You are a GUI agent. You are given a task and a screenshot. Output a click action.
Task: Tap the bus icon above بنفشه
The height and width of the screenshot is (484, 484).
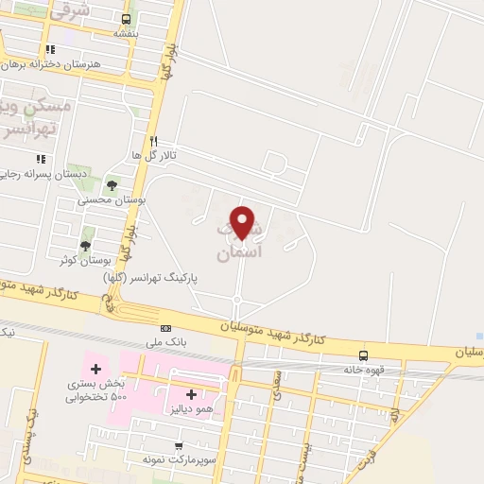(x=128, y=18)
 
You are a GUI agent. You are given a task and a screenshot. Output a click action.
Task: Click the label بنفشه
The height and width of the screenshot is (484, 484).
(x=128, y=32)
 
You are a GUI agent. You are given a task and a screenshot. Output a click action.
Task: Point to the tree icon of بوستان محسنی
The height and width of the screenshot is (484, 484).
(x=112, y=185)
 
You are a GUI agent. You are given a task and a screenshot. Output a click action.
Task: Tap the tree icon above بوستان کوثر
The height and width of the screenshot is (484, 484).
(x=86, y=245)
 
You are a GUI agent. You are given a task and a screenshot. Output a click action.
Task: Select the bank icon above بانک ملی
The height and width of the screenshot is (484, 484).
(x=166, y=328)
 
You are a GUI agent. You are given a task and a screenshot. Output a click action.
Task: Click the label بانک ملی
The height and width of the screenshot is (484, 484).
(x=166, y=341)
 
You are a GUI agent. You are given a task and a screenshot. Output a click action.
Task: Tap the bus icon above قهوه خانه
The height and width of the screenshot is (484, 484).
(x=364, y=355)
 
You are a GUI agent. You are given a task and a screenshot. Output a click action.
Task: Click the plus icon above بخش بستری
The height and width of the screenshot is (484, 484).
(x=94, y=368)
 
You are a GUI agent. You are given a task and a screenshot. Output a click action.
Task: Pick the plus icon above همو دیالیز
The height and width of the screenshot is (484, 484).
(x=192, y=394)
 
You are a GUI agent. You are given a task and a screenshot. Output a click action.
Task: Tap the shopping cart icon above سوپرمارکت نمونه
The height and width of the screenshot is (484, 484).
(x=177, y=444)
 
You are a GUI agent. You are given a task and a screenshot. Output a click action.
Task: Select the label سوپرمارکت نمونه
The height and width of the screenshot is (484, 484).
(x=169, y=458)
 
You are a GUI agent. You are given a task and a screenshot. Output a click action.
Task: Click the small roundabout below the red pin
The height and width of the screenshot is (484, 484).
(x=236, y=301)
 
